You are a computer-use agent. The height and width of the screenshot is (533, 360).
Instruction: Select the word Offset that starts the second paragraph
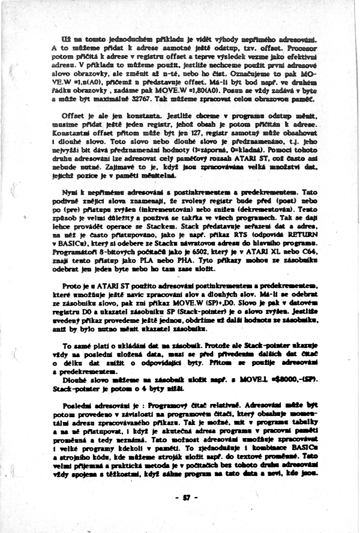74,114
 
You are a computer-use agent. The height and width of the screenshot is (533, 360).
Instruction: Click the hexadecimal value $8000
280,380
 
